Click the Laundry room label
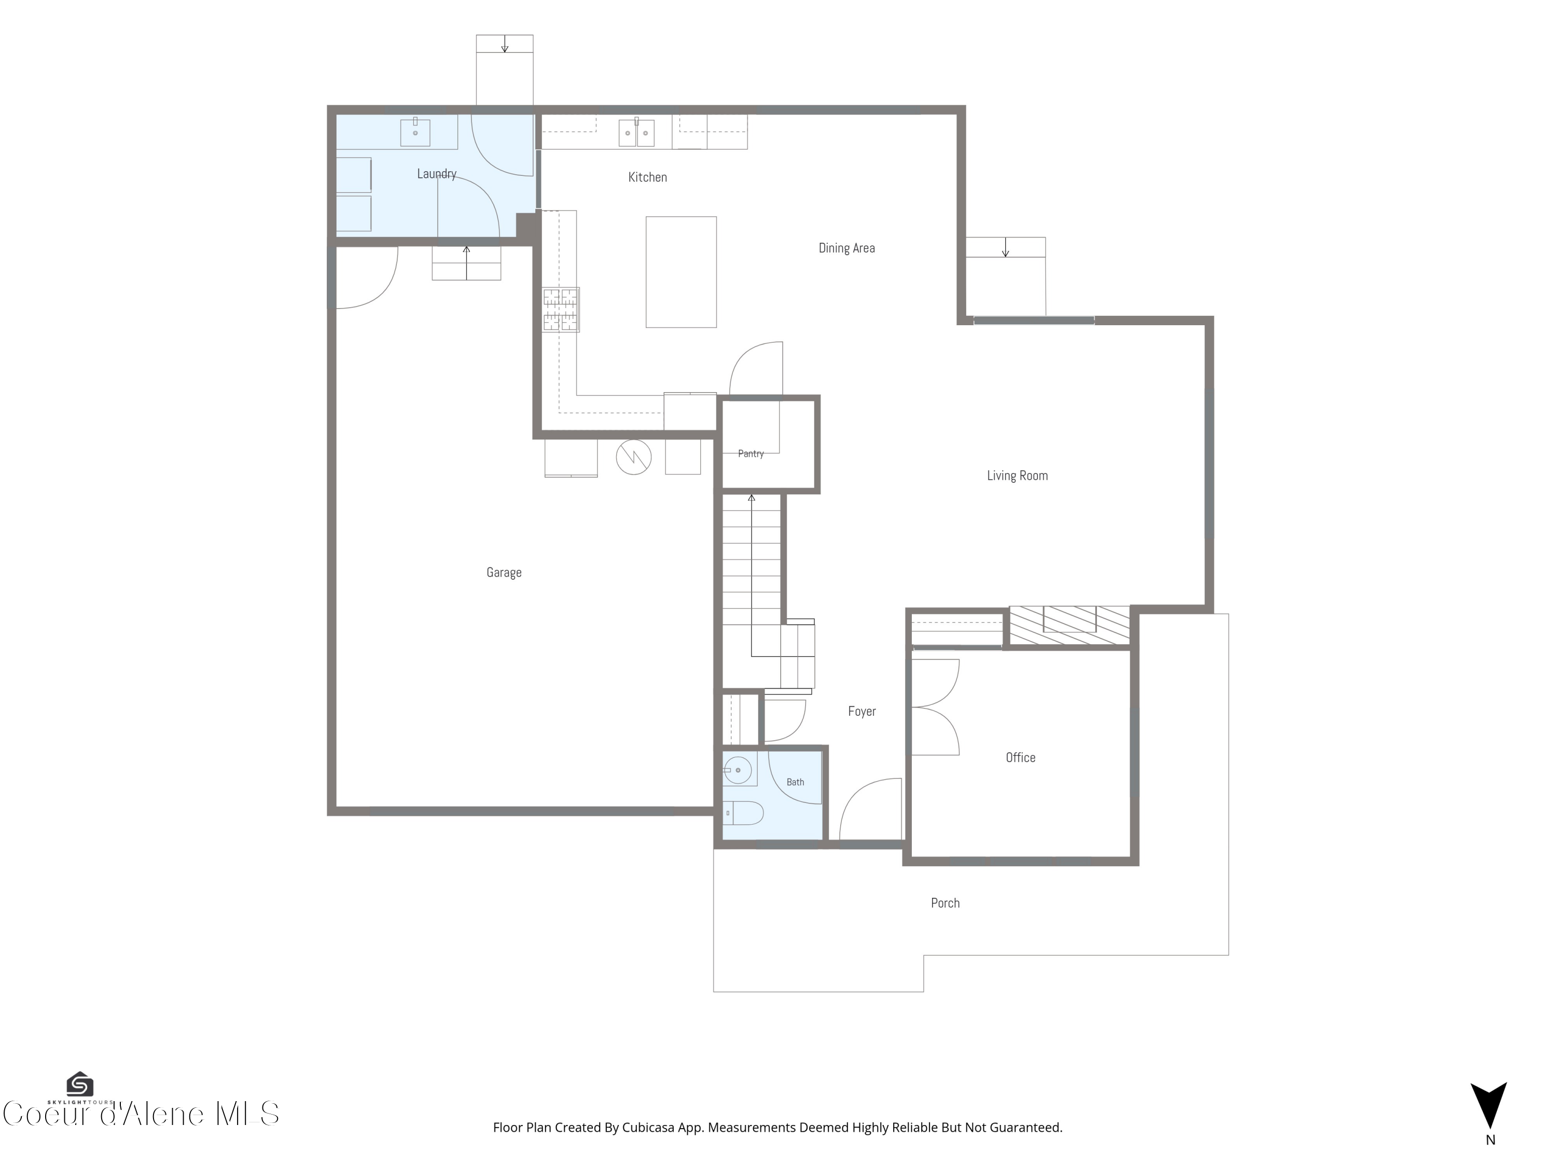pyautogui.click(x=437, y=174)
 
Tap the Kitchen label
pyautogui.click(x=647, y=177)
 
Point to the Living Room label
pyautogui.click(x=1017, y=476)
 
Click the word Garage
pyautogui.click(x=504, y=573)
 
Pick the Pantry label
pyautogui.click(x=751, y=454)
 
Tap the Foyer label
pyautogui.click(x=862, y=711)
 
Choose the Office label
pyautogui.click(x=1020, y=758)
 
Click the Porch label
pyautogui.click(x=944, y=903)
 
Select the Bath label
pyautogui.click(x=795, y=782)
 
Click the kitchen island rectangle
pyautogui.click(x=681, y=272)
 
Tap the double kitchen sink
pyautogui.click(x=636, y=132)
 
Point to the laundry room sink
pyautogui.click(x=415, y=132)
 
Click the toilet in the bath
pyautogui.click(x=743, y=813)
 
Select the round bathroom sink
pyautogui.click(x=738, y=770)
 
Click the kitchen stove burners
pyautogui.click(x=561, y=310)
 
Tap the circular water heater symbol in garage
pyautogui.click(x=634, y=457)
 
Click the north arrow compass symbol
pyautogui.click(x=1489, y=1106)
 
